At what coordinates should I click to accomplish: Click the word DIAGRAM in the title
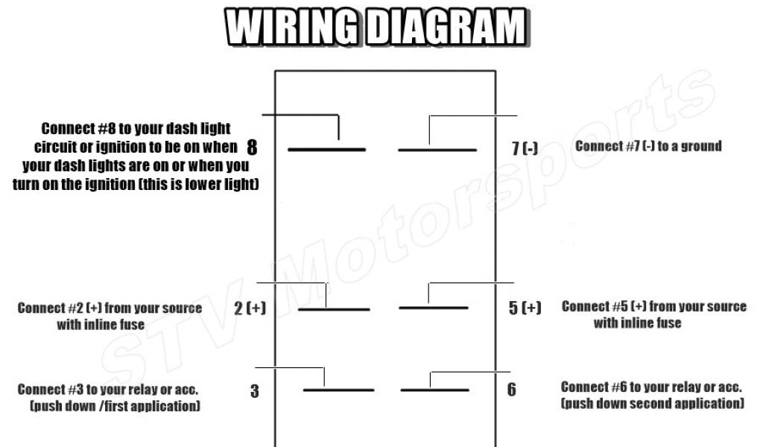tap(447, 29)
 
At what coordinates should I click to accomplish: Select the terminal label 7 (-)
tap(525, 148)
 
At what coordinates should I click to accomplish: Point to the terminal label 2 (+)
tap(250, 308)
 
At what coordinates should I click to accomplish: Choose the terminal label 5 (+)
tap(525, 308)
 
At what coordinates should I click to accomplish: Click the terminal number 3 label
tap(255, 391)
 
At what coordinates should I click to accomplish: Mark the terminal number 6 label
tap(511, 390)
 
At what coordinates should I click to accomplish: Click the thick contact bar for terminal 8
tap(326, 150)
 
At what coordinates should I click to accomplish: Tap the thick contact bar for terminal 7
tap(437, 150)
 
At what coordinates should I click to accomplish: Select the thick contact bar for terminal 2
tap(333, 309)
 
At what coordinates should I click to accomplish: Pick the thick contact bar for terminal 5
tap(434, 308)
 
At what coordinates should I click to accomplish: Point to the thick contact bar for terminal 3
tap(338, 390)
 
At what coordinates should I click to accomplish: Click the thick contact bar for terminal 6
tap(435, 390)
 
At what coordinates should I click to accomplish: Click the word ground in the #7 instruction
tap(701, 146)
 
